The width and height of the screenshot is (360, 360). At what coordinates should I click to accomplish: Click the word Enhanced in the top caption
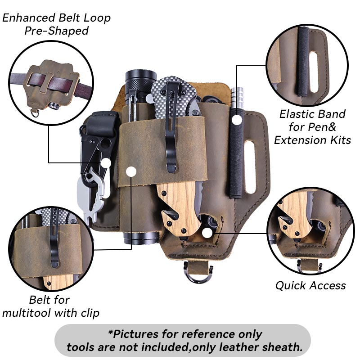[29, 18]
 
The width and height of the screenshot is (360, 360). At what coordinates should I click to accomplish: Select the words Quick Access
[310, 285]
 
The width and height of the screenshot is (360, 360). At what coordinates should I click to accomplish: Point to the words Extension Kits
[312, 139]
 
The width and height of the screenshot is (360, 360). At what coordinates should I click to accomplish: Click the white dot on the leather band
[131, 171]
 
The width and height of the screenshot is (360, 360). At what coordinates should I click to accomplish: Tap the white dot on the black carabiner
[106, 163]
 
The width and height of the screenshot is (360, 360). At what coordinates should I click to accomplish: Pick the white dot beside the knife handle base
[207, 233]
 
